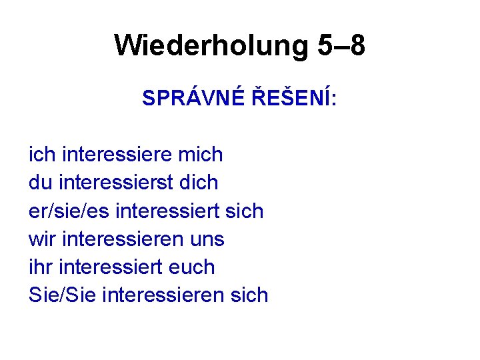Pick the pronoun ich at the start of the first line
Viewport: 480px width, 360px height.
[42, 155]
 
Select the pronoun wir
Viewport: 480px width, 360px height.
[41, 239]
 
